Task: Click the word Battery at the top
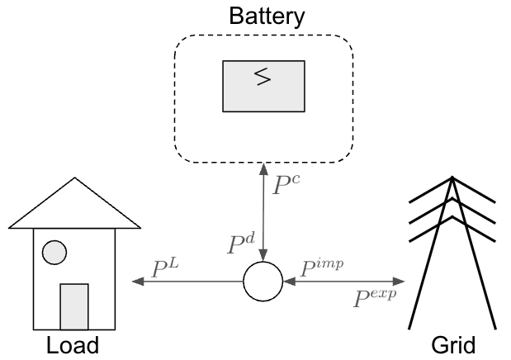(x=267, y=17)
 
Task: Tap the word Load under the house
(x=73, y=345)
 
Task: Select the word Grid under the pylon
(x=453, y=345)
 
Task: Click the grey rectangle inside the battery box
(x=263, y=86)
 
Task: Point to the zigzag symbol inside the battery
(x=263, y=77)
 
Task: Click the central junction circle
(x=263, y=281)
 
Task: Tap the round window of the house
(x=54, y=253)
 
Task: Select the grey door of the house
(x=74, y=307)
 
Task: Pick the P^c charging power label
(x=286, y=185)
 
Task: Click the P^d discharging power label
(x=241, y=244)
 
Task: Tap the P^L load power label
(x=165, y=268)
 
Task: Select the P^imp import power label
(x=322, y=268)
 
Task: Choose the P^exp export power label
(x=375, y=298)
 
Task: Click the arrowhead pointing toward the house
(x=138, y=281)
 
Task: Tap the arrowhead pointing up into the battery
(x=263, y=169)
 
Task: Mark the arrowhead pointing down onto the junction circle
(x=263, y=255)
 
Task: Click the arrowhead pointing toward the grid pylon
(x=399, y=281)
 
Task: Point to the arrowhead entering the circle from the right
(x=290, y=281)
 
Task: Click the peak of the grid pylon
(x=452, y=178)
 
